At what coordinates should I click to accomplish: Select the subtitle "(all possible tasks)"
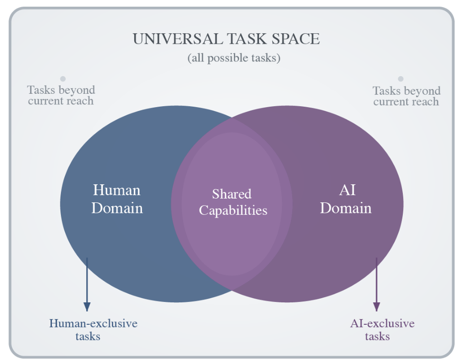233,58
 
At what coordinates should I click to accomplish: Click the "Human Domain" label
117,199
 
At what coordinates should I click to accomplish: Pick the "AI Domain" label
345,199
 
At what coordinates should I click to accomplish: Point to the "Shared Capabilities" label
233,202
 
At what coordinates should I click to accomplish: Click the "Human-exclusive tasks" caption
93,330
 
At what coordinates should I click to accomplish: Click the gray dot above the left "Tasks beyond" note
62,79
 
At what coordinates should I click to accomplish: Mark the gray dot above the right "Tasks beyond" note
400,79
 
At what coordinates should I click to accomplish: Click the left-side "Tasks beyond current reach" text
61,95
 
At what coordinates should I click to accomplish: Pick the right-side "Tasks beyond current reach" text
406,96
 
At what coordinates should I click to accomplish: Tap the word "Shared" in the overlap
231,194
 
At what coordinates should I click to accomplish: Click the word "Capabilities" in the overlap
233,210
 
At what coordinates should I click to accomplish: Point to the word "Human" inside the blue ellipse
117,190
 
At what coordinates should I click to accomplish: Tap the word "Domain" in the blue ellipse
117,208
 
